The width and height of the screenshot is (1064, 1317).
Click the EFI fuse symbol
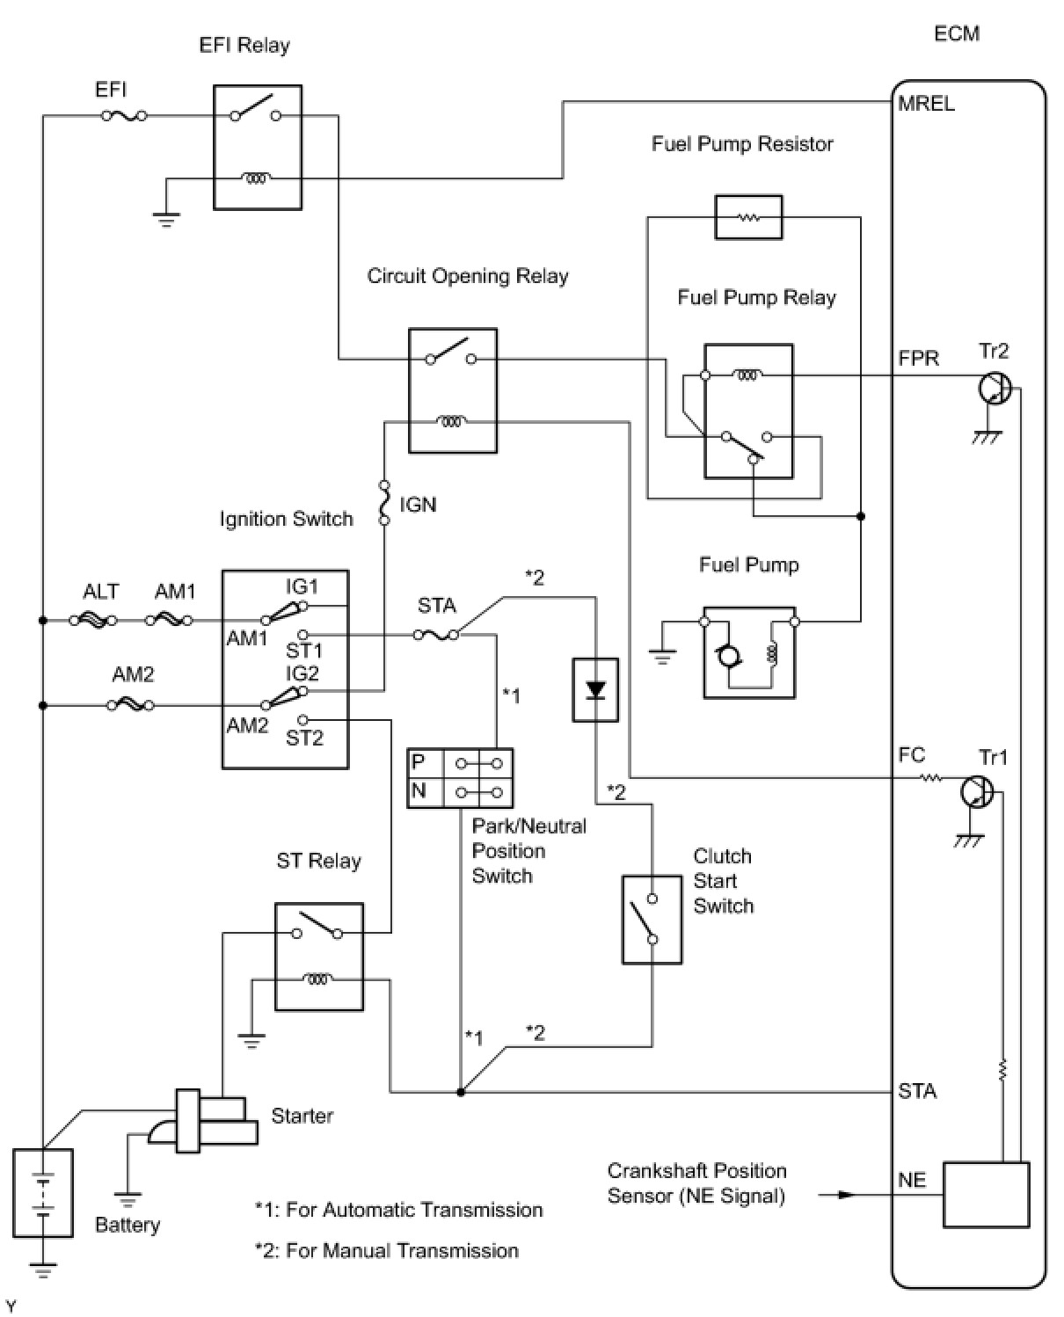124,115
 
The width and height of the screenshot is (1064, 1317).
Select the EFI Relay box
258,147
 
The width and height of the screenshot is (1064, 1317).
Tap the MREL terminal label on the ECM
927,104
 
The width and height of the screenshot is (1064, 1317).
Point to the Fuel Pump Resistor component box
748,217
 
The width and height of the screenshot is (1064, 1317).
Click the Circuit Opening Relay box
453,390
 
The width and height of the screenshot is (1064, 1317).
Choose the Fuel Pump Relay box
748,411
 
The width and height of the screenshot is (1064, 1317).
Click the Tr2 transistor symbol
995,388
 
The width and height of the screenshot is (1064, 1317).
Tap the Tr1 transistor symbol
977,792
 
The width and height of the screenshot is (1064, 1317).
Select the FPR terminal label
919,359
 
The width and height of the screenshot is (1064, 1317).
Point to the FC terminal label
912,755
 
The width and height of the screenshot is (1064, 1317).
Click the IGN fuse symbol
384,503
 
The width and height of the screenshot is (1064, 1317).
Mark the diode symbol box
595,690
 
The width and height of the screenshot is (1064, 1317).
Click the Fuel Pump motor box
749,652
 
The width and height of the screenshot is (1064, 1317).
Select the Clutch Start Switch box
652,920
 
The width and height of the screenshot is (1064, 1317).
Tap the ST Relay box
318,956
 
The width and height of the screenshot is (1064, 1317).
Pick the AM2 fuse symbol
131,705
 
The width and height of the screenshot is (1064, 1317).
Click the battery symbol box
43,1193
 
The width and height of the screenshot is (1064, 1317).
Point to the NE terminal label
912,1180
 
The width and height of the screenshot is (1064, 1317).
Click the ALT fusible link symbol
98,621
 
